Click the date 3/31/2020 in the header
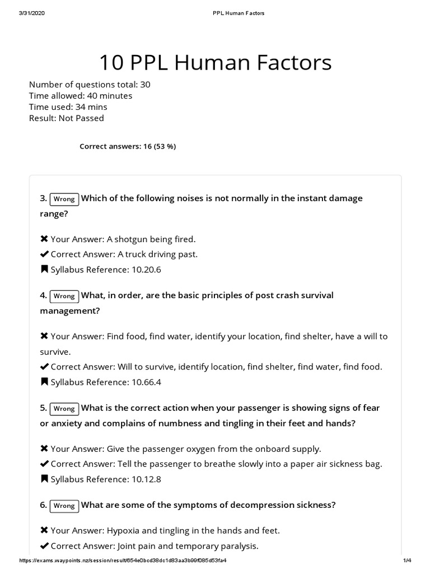point(31,13)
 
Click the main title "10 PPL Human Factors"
point(215,63)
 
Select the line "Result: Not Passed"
point(66,118)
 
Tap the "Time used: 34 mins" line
point(68,107)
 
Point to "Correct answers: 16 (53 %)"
point(128,146)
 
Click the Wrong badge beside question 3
point(64,199)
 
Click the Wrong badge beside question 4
point(64,296)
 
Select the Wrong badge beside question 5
point(64,409)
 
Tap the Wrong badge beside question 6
point(64,506)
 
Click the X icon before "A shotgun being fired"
point(44,239)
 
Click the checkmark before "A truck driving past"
point(44,254)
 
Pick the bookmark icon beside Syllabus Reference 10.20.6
point(44,270)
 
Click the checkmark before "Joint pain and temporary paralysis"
point(44,546)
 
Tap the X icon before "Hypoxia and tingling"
point(44,530)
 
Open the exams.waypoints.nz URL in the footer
point(123,561)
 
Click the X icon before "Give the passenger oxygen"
point(44,449)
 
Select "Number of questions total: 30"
point(90,85)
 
